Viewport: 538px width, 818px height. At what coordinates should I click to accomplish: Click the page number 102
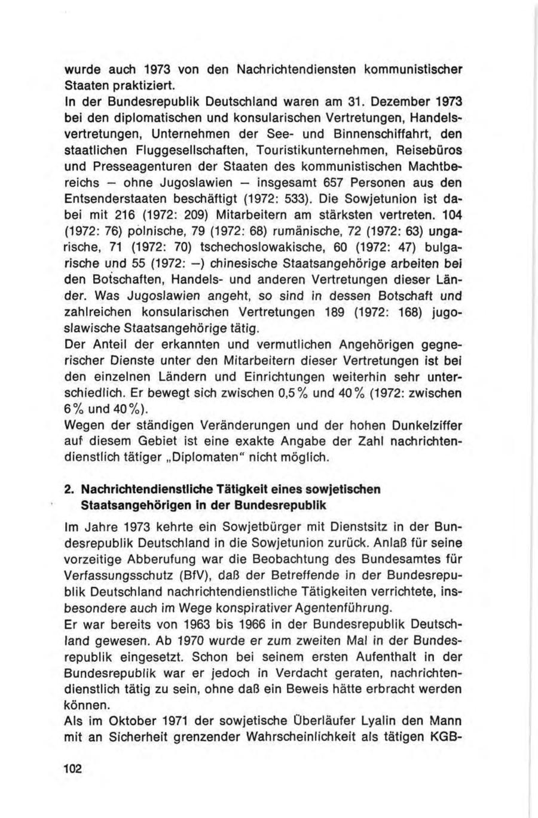click(72, 767)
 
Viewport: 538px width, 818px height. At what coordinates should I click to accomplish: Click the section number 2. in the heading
click(70, 490)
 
